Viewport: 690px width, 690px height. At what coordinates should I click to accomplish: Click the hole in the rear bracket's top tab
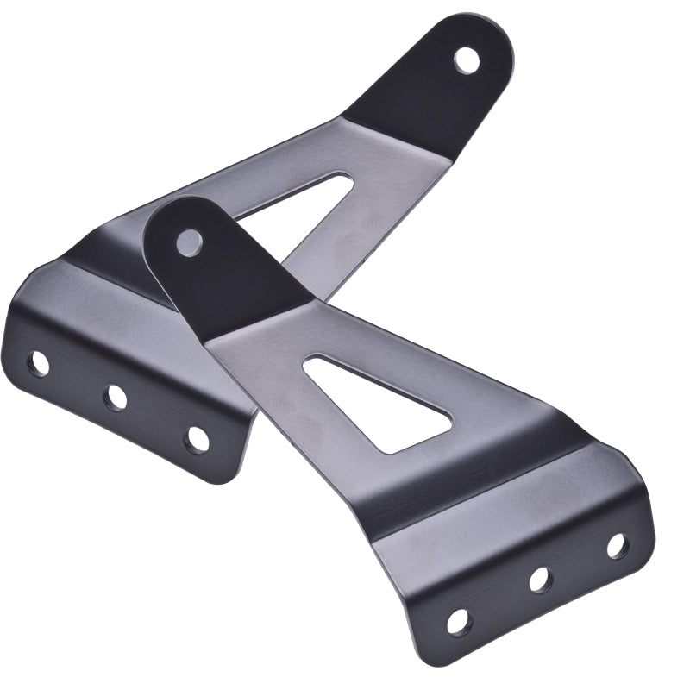467,60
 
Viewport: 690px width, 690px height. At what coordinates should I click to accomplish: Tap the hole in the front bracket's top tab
189,242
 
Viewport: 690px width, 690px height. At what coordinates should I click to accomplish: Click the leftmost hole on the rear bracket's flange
38,363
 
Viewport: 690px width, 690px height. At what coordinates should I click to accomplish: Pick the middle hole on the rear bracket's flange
116,397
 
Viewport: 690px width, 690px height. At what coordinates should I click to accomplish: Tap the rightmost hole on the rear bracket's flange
197,438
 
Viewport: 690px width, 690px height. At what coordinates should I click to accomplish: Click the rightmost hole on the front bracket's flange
616,545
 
